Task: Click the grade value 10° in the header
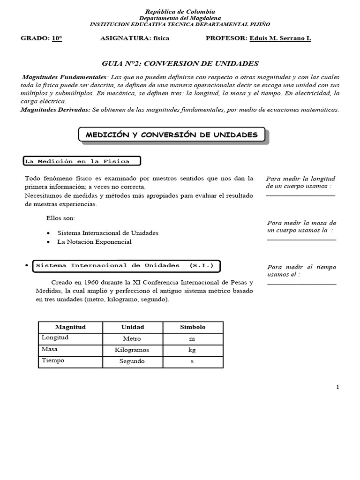pos(57,38)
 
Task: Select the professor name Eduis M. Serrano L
pos(280,38)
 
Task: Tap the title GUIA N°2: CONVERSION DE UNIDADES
pos(180,63)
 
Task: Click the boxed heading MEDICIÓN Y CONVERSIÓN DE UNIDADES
pos(172,135)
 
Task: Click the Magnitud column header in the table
pos(70,327)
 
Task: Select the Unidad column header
pos(133,327)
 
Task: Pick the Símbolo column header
pos(193,327)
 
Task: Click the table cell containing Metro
pos(132,338)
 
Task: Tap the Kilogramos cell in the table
pos(132,350)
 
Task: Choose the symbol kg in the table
pos(192,350)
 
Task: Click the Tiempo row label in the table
pos(53,361)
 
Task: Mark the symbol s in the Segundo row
pos(192,361)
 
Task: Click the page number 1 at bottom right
pos(337,387)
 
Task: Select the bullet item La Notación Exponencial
pos(94,242)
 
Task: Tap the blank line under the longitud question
pos(300,195)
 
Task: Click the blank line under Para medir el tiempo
pos(302,284)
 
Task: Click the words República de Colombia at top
pos(180,11)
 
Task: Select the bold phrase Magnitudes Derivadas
pos(55,110)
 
